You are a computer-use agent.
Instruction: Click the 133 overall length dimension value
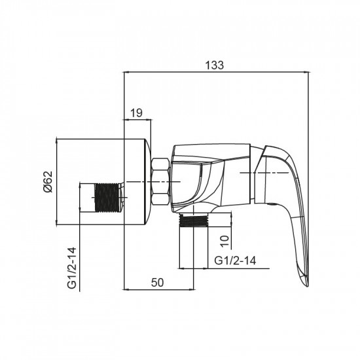[214, 65]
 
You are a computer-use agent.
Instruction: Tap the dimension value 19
[136, 113]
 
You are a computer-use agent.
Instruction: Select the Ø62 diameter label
[48, 181]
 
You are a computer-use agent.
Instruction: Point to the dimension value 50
[158, 282]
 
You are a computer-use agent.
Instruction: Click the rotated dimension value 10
[225, 241]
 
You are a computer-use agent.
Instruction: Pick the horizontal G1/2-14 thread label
[235, 261]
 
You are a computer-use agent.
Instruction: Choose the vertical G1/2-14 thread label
[71, 268]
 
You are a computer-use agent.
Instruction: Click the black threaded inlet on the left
[107, 198]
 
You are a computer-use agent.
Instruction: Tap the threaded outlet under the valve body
[194, 221]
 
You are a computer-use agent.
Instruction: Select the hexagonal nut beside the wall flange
[160, 181]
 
